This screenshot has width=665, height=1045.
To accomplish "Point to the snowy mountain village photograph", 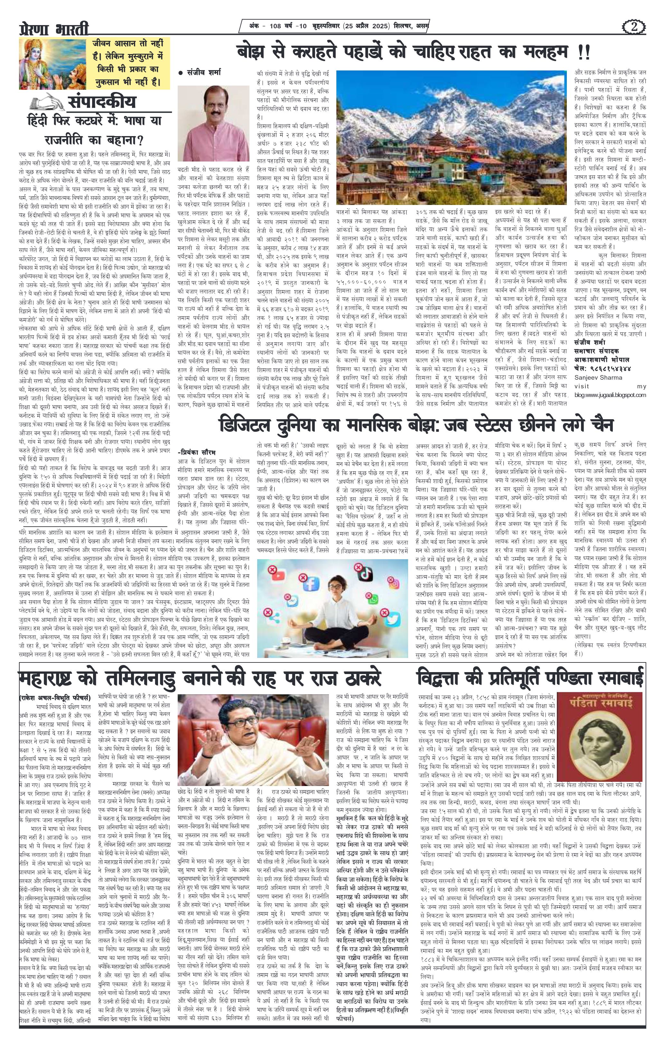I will pos(452,138).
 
